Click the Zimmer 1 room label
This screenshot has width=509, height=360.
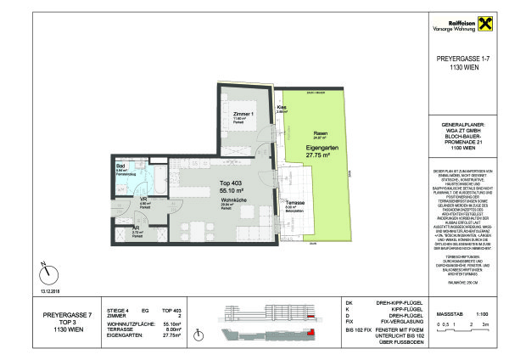(242, 113)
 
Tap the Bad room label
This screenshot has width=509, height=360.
(120, 166)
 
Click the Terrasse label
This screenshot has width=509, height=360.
(294, 204)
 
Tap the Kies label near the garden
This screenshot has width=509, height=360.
(282, 107)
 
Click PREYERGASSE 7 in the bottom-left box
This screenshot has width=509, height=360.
(64, 315)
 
